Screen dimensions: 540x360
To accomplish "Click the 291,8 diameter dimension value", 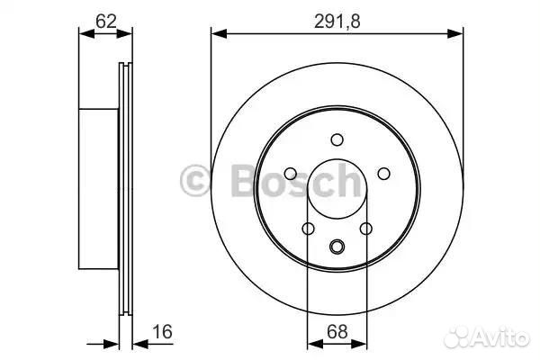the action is click(337, 22).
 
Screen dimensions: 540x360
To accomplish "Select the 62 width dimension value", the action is click(106, 22).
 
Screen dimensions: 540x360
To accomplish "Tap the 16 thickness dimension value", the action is click(162, 332).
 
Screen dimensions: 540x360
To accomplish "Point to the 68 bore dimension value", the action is click(337, 332).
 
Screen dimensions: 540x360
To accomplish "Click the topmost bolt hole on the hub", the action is click(337, 139).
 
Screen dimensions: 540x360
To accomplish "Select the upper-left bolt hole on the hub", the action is click(291, 174).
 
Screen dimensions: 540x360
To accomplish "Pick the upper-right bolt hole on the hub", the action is click(383, 174).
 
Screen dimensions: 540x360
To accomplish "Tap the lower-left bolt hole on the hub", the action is click(308, 228).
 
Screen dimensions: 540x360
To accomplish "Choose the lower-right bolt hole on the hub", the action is click(365, 228).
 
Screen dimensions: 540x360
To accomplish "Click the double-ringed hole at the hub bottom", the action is click(337, 246).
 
